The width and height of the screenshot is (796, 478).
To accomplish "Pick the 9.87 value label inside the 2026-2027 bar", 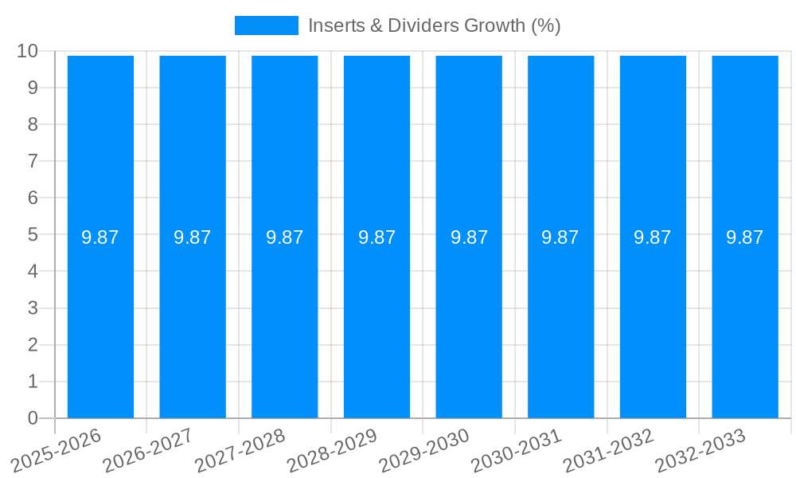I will [x=193, y=237].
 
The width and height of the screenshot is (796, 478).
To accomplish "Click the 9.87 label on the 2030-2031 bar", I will [x=560, y=237].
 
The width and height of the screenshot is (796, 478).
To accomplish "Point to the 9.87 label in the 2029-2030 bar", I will [x=469, y=237].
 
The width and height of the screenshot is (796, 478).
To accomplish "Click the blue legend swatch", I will [x=266, y=25].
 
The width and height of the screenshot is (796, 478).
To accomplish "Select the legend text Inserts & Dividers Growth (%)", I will [x=435, y=25].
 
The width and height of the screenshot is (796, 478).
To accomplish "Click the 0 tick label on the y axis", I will [x=33, y=418].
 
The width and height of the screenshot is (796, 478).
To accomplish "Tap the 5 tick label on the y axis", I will [x=33, y=235].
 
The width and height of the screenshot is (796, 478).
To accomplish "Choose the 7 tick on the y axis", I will [x=33, y=162].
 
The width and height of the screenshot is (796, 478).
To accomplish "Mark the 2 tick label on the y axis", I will [x=33, y=345].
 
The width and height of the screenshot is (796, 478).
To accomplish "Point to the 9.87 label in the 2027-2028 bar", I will [x=285, y=237].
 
